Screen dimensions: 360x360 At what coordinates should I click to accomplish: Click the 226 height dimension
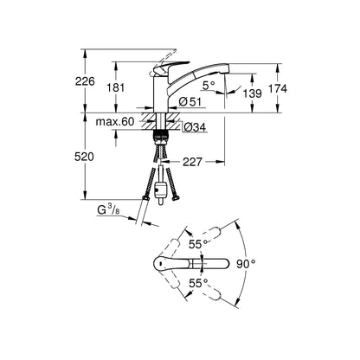[x=85, y=81]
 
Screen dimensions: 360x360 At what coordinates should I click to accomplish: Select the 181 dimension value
[x=115, y=87]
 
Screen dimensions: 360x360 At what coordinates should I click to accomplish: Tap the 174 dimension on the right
[x=278, y=88]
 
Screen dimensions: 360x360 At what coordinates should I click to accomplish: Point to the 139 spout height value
[x=252, y=93]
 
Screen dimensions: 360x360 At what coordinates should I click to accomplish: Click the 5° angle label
[x=209, y=85]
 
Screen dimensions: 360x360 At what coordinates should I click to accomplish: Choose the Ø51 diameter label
[x=190, y=101]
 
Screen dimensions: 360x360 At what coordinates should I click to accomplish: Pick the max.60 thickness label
[x=115, y=122]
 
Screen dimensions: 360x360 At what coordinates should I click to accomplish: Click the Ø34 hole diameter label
[x=195, y=127]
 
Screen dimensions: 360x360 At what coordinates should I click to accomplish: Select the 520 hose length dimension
[x=84, y=157]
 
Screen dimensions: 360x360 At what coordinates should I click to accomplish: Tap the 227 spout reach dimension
[x=192, y=162]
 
